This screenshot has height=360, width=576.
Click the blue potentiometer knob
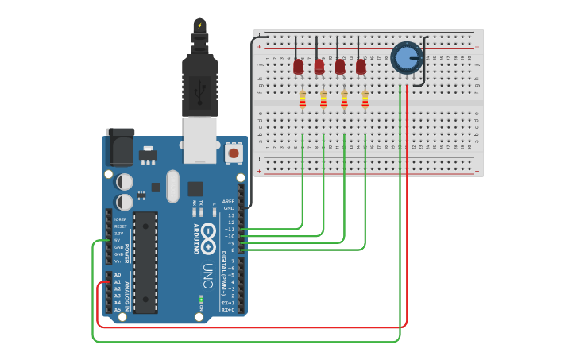click(406, 57)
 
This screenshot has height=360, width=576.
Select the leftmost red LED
click(298, 67)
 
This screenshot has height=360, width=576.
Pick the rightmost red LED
click(361, 67)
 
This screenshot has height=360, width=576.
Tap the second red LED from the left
click(319, 67)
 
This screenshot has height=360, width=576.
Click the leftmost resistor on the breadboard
click(303, 99)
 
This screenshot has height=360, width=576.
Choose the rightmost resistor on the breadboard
click(365, 99)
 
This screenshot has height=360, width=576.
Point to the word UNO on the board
click(207, 275)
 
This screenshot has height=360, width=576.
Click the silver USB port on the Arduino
click(199, 139)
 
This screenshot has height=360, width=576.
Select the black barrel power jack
click(120, 147)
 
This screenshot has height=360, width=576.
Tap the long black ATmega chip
click(145, 262)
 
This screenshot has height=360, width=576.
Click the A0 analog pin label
click(118, 275)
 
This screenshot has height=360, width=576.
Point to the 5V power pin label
click(118, 240)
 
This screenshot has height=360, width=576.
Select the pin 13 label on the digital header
click(231, 215)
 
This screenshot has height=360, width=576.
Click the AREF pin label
click(229, 201)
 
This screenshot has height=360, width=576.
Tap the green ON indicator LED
click(201, 300)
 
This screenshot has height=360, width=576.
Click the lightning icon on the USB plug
click(199, 25)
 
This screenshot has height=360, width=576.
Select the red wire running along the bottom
click(254, 327)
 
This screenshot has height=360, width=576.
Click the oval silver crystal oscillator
click(172, 186)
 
